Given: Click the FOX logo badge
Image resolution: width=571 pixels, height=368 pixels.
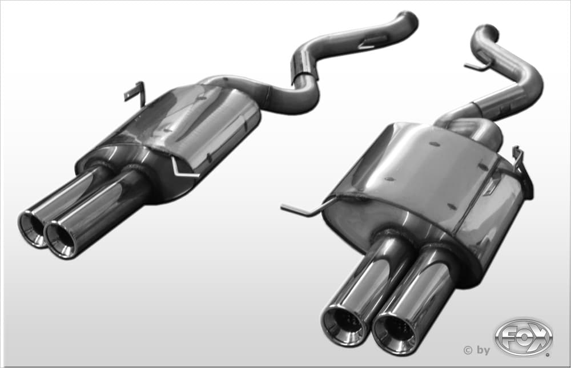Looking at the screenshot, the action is [x=524, y=337].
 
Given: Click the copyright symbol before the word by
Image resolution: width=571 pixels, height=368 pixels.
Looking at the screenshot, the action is [x=468, y=350].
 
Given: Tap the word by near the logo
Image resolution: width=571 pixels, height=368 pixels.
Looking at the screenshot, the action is [x=483, y=350].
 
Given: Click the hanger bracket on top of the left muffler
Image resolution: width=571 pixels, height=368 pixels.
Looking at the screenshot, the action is [x=135, y=94].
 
